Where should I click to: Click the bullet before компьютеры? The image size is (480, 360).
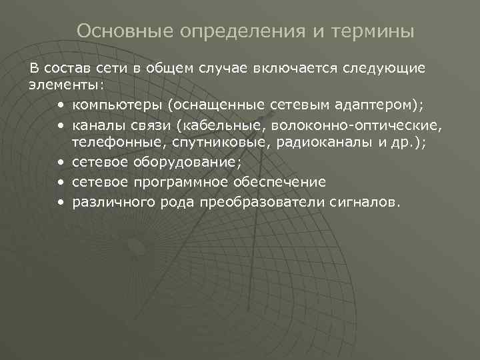pyautogui.click(x=61, y=105)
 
